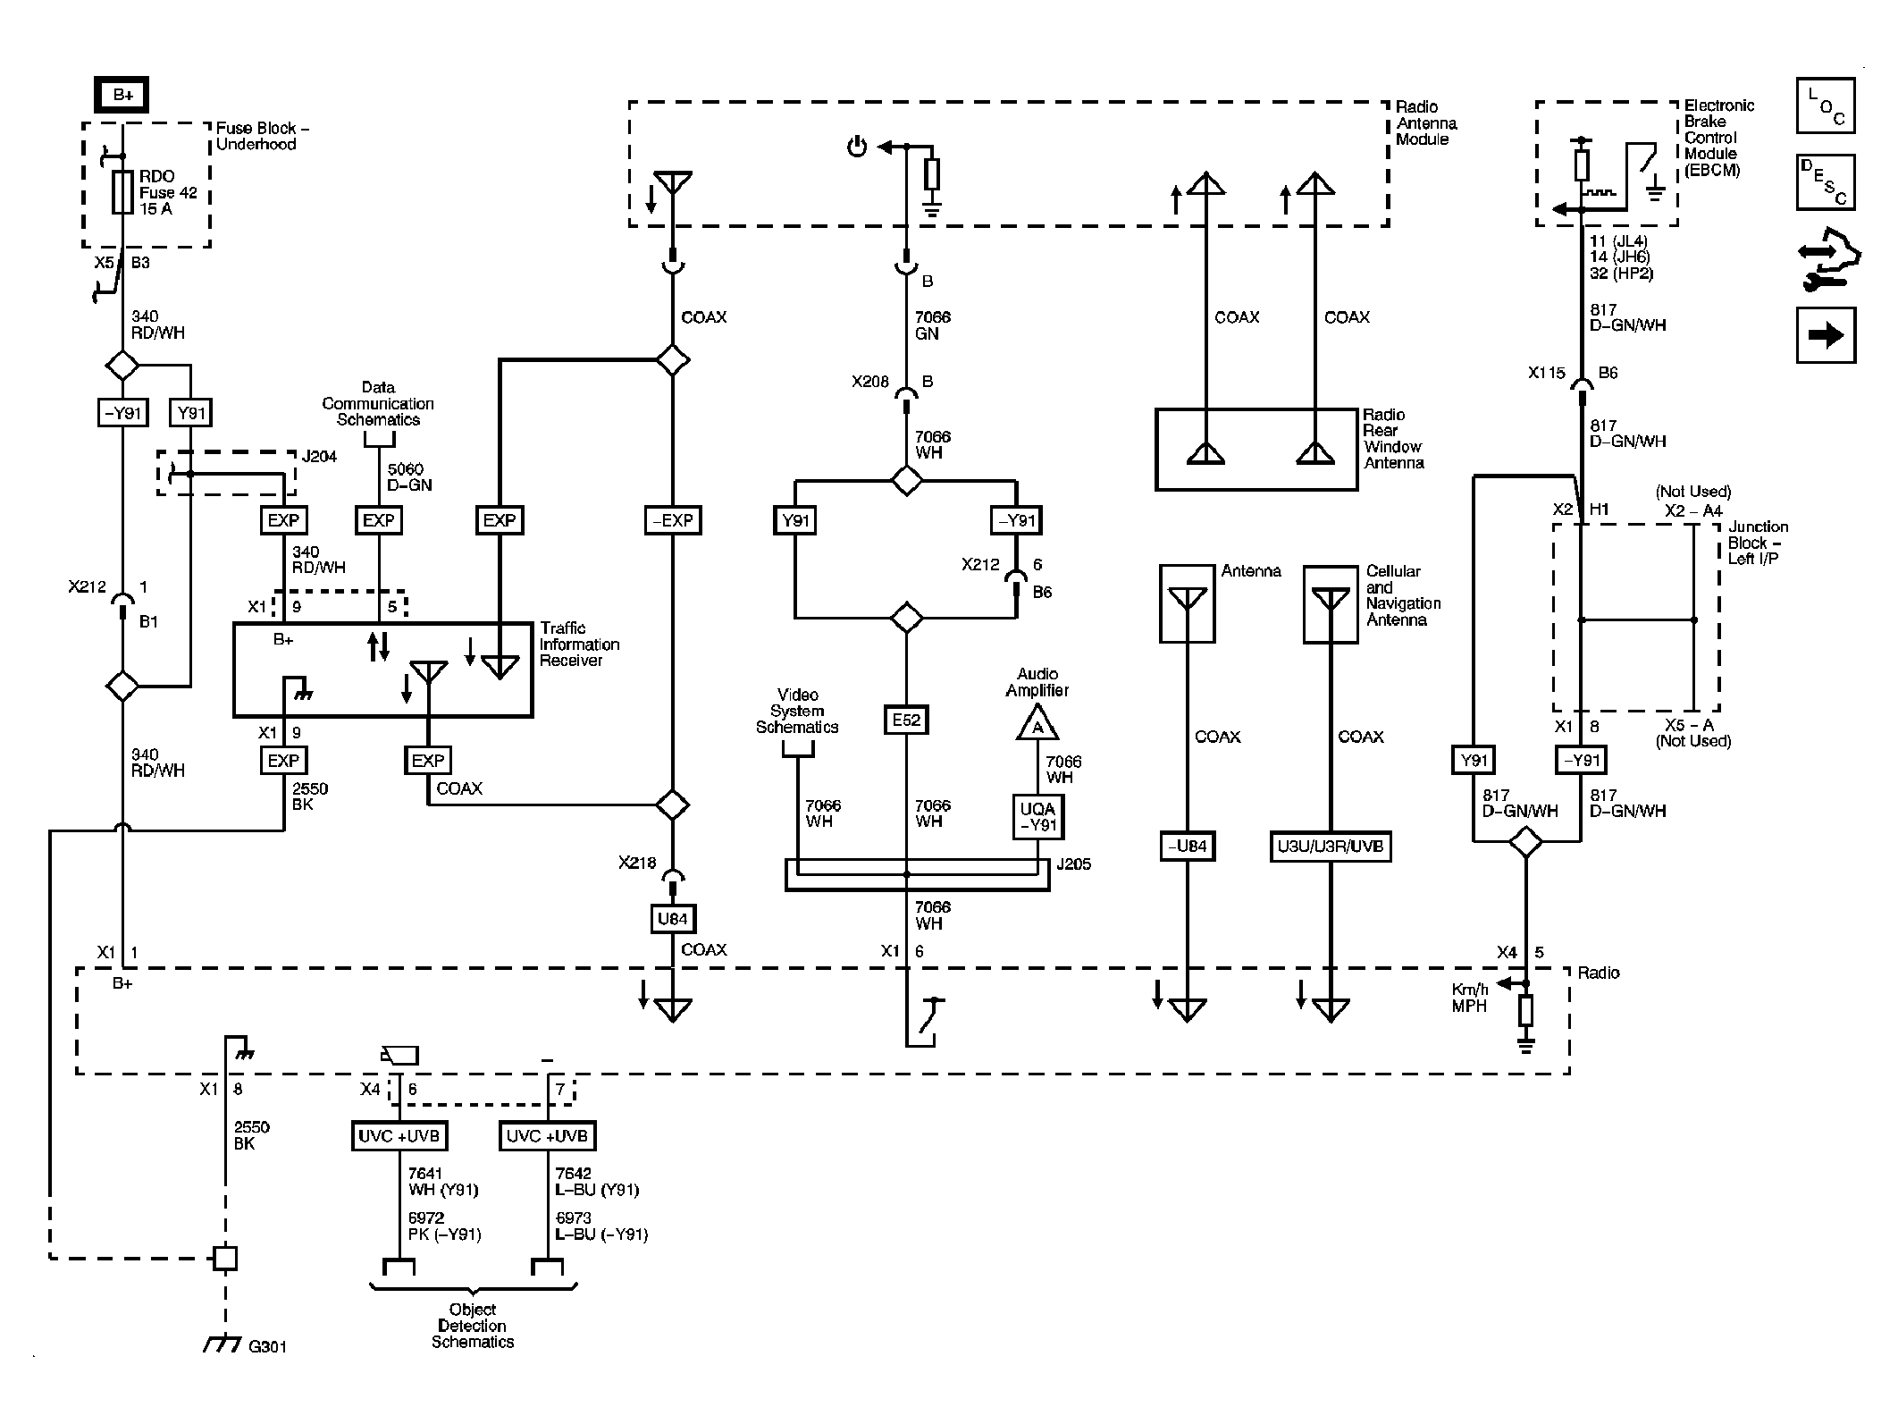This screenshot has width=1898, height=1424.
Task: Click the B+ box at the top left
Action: (122, 95)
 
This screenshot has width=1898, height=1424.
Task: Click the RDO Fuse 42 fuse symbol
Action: (122, 193)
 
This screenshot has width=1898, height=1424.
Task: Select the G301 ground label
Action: (267, 1346)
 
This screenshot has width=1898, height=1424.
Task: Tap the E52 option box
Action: (906, 720)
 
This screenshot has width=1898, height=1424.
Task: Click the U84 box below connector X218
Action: (672, 918)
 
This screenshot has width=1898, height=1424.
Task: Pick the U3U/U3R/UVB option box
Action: (1331, 846)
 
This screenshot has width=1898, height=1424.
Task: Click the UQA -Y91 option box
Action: (1037, 817)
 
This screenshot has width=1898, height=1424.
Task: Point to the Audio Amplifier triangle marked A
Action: (1037, 724)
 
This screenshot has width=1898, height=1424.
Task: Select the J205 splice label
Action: (1073, 864)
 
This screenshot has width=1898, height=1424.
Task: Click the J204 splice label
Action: (319, 457)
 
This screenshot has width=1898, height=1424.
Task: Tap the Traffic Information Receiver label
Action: (579, 645)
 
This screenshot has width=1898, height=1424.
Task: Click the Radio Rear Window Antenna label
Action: (1393, 439)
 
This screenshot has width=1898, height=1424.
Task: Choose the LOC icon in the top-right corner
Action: (1825, 105)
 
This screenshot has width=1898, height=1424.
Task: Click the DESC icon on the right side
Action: (1825, 182)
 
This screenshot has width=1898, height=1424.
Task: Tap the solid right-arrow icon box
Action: (1825, 335)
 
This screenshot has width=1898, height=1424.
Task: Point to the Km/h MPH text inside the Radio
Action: (1470, 998)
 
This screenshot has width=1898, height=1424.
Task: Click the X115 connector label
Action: (1546, 373)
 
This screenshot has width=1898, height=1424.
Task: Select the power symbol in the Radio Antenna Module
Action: (857, 147)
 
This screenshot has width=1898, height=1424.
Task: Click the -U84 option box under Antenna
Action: (1187, 846)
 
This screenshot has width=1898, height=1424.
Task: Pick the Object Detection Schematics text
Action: (473, 1326)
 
